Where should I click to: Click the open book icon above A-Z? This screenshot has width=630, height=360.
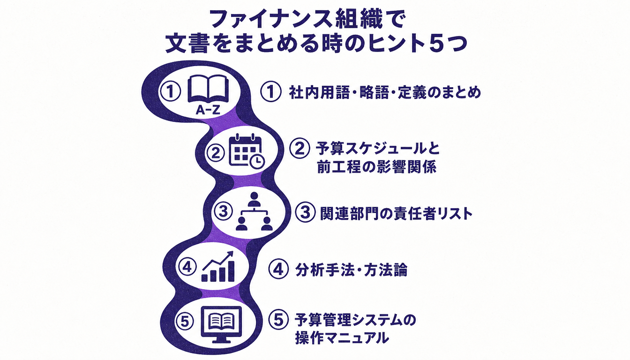208,89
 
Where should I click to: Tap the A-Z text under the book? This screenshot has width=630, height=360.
208,110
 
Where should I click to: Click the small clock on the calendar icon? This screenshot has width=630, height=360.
257,161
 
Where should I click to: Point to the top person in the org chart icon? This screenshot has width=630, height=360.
254,199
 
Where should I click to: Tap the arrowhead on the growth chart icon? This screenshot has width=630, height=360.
230,254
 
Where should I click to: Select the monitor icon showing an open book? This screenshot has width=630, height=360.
222,324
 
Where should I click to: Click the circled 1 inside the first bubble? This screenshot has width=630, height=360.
170,91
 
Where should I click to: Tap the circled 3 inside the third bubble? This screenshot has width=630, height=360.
223,211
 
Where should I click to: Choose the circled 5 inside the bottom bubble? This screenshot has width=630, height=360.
185,322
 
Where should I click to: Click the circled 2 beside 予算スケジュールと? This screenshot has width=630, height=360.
300,149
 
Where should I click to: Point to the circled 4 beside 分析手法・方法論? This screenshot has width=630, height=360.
278,269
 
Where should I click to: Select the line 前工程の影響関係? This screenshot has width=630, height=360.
376,167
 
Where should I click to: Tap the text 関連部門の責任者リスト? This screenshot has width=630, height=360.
396,214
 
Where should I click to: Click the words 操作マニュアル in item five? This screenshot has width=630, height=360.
342,338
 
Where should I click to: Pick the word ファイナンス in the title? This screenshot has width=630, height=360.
270,19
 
